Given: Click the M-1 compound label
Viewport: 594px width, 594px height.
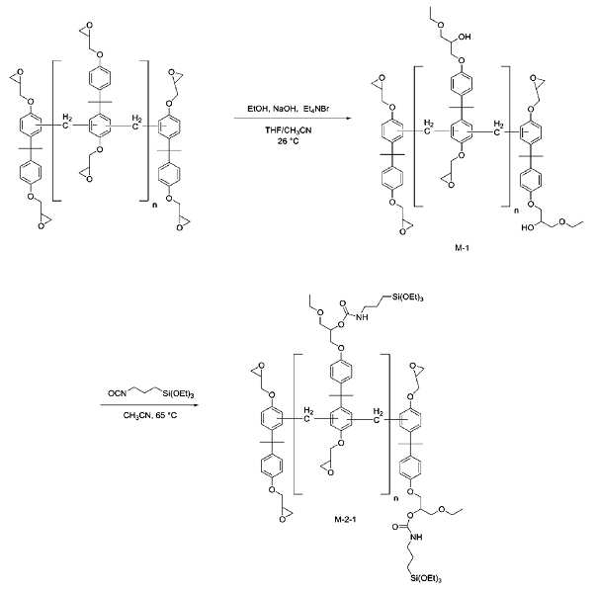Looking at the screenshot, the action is point(462,248).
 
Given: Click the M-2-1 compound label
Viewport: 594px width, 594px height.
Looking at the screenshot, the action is point(345,519).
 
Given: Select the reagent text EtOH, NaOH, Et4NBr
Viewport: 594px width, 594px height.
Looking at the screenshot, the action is point(289,109).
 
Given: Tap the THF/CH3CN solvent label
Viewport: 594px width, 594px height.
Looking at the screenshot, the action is point(289,130).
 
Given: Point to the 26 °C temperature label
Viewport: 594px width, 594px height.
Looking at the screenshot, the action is point(288,141).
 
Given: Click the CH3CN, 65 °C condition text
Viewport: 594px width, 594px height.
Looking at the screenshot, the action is point(149,415).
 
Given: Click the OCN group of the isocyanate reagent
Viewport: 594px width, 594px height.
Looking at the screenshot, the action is point(117,393).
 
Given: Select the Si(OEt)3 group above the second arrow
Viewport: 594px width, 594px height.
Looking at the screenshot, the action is point(178,394).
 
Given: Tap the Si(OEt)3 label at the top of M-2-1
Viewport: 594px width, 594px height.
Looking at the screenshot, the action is point(407,297).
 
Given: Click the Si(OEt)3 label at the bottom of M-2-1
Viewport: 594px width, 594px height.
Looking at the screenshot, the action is point(426,578).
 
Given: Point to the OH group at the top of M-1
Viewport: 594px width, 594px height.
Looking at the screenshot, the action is point(465,37).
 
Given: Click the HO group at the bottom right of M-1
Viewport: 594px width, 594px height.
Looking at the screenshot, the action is point(528,227).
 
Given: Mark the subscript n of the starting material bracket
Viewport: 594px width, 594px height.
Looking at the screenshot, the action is point(154,206).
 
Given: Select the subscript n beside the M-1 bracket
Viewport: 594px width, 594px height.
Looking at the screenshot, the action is point(516,211).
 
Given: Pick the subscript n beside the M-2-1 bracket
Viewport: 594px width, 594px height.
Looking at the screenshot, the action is point(396,498).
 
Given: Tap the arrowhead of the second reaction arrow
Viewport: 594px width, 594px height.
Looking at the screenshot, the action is point(196,405).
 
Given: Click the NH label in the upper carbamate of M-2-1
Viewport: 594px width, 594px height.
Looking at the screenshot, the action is point(362,316).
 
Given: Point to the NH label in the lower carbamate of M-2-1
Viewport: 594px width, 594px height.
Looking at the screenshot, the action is point(416,537).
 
